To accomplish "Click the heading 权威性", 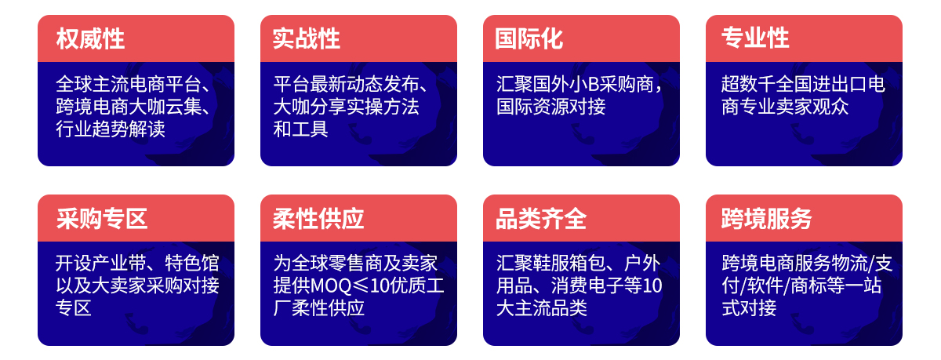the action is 90,38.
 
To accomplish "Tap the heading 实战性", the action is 307,38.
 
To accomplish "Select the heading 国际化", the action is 529,38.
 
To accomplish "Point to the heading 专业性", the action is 755,38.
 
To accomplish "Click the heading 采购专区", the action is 102,219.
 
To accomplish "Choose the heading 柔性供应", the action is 318,219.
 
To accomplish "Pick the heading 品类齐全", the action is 540,219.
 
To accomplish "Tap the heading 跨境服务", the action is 767,219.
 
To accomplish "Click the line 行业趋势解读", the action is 111,129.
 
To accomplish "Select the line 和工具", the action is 301,129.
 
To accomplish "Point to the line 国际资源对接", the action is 550,107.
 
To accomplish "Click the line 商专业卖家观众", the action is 785,107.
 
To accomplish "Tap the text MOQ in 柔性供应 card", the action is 331,285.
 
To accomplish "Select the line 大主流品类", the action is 542,308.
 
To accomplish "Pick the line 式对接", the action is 749,308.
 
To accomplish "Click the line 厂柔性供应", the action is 319,308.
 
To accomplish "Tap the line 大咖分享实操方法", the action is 346,107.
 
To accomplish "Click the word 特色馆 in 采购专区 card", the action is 192,264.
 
